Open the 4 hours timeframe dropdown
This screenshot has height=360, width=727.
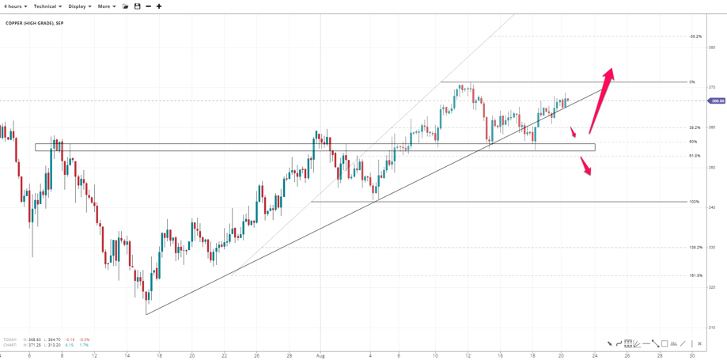15,6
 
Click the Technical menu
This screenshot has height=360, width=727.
47,6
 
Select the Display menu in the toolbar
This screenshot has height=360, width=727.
79,6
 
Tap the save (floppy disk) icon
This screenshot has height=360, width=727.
137,6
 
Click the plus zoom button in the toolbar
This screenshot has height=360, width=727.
159,6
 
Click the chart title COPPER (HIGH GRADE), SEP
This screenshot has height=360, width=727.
35,24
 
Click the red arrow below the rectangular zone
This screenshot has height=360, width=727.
586,166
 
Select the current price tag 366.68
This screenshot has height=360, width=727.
717,100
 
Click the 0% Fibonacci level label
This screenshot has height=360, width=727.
692,82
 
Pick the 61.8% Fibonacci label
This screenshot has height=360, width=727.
693,156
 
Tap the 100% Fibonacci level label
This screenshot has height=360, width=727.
694,202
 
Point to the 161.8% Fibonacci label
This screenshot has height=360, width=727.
695,275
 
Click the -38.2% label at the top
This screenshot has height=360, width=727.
695,36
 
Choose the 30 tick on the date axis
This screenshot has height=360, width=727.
692,355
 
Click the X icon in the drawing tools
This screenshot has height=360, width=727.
699,344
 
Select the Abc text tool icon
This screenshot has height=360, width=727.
673,344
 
